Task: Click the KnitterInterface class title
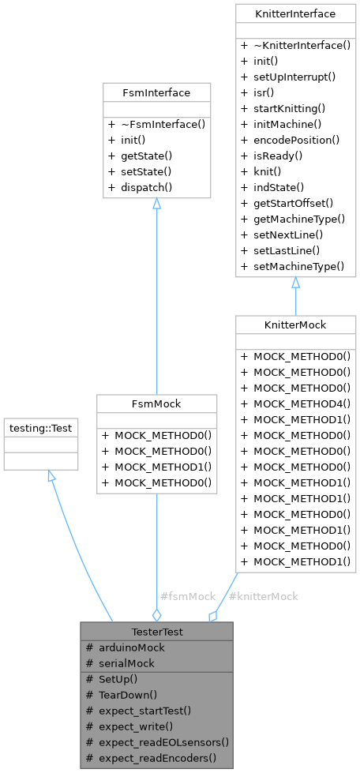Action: point(295,13)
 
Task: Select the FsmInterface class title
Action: point(157,92)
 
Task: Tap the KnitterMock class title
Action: point(295,325)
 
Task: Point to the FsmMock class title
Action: point(156,403)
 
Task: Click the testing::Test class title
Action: point(41,428)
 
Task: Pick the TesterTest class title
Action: point(156,632)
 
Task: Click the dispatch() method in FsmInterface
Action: point(146,187)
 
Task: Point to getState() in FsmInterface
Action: point(146,156)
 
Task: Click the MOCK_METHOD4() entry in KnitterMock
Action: point(301,403)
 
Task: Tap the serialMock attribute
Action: point(126,664)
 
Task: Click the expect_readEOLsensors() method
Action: point(163,742)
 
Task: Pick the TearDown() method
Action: point(128,695)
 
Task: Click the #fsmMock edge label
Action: point(187,596)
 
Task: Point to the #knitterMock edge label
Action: point(263,596)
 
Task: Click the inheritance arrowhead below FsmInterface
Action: point(156,205)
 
